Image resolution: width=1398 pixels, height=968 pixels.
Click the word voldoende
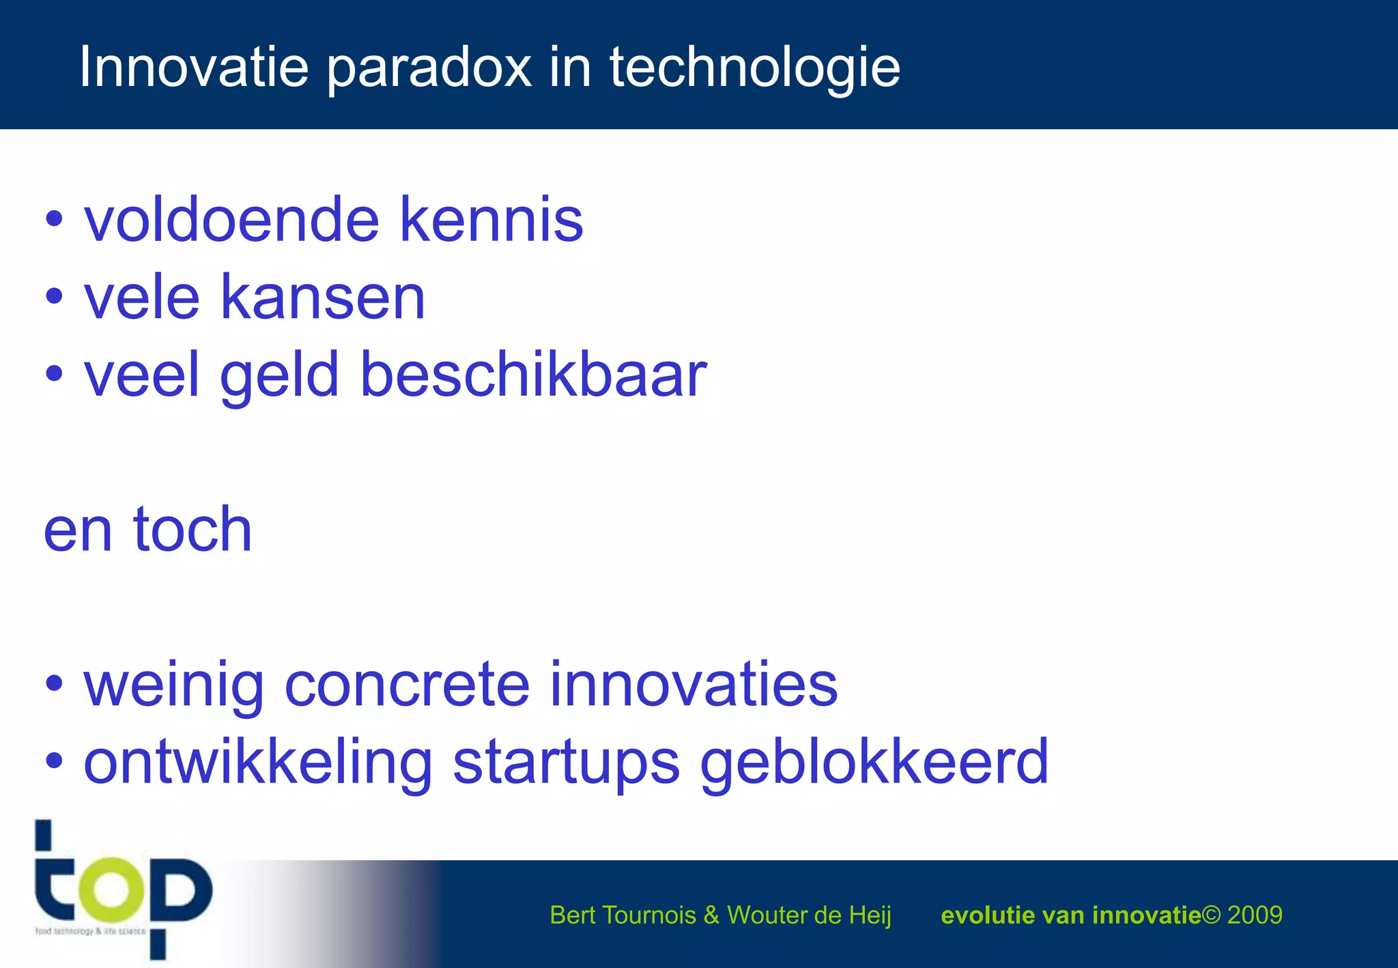pos(231,220)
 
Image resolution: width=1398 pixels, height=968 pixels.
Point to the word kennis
pos(491,220)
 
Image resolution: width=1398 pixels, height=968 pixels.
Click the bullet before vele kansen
pos(54,298)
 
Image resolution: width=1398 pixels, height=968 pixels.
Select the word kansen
pos(322,298)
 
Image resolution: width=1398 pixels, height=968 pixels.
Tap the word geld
pos(279,375)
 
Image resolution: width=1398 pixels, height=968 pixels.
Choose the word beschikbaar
pos(532,375)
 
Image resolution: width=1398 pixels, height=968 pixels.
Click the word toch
pos(192,530)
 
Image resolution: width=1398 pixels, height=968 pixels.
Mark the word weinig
pos(173,685)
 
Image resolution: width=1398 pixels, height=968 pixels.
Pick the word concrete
pos(407,685)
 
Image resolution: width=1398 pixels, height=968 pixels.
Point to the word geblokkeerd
pos(874,763)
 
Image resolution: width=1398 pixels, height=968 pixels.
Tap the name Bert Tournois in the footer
pos(622,915)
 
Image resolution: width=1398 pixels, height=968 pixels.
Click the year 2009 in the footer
pos(1255,915)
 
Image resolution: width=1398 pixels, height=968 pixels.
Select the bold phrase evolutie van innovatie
pos(1070,915)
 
